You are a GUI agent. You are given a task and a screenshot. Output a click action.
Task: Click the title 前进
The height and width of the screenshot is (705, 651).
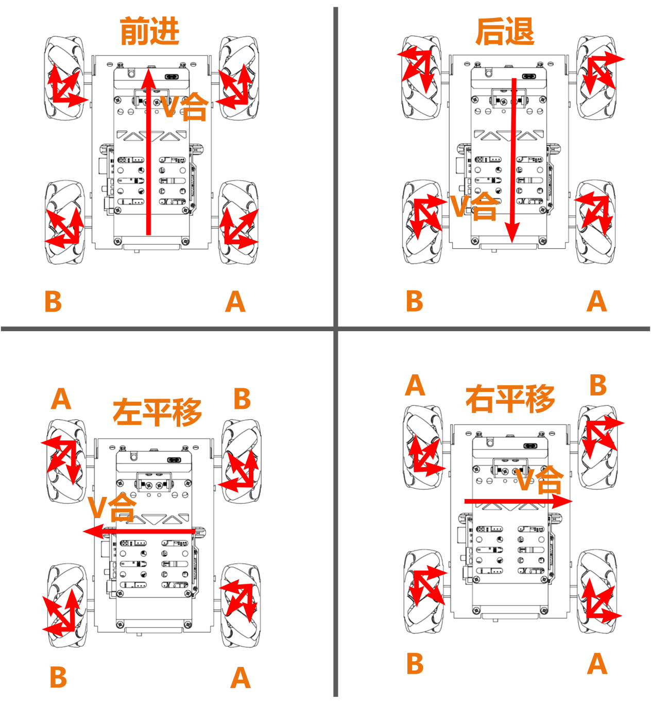point(149,31)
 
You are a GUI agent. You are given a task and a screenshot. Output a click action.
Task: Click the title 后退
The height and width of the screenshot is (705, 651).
point(505,31)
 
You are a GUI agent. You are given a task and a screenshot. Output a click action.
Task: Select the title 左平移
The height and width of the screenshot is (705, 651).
point(157,412)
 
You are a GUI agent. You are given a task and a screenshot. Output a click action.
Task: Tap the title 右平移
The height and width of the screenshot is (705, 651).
point(510,399)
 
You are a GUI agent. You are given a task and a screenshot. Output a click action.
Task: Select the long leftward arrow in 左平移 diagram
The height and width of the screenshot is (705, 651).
point(139,531)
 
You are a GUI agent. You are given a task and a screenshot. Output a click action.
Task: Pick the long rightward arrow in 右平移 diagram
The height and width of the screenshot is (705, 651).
point(519,501)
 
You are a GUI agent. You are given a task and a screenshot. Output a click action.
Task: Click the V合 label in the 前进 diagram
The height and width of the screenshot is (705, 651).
point(184,107)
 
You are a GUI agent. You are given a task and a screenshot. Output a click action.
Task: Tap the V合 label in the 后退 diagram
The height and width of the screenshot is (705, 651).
point(474,206)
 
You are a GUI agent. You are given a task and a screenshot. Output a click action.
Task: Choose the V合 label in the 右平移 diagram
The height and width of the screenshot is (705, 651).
point(540,480)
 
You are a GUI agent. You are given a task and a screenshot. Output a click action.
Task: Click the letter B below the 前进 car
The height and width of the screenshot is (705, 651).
point(53,301)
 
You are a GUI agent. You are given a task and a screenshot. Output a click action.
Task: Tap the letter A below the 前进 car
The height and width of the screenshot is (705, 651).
point(235,301)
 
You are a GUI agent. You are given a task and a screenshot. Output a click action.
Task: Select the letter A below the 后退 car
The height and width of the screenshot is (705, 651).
point(596,301)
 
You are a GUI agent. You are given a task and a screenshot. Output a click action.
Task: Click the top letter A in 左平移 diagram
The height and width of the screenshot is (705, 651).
point(61,398)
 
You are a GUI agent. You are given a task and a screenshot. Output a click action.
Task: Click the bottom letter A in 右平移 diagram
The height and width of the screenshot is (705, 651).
point(597,663)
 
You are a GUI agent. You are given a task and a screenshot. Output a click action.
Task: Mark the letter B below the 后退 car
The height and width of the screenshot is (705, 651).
point(415,301)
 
